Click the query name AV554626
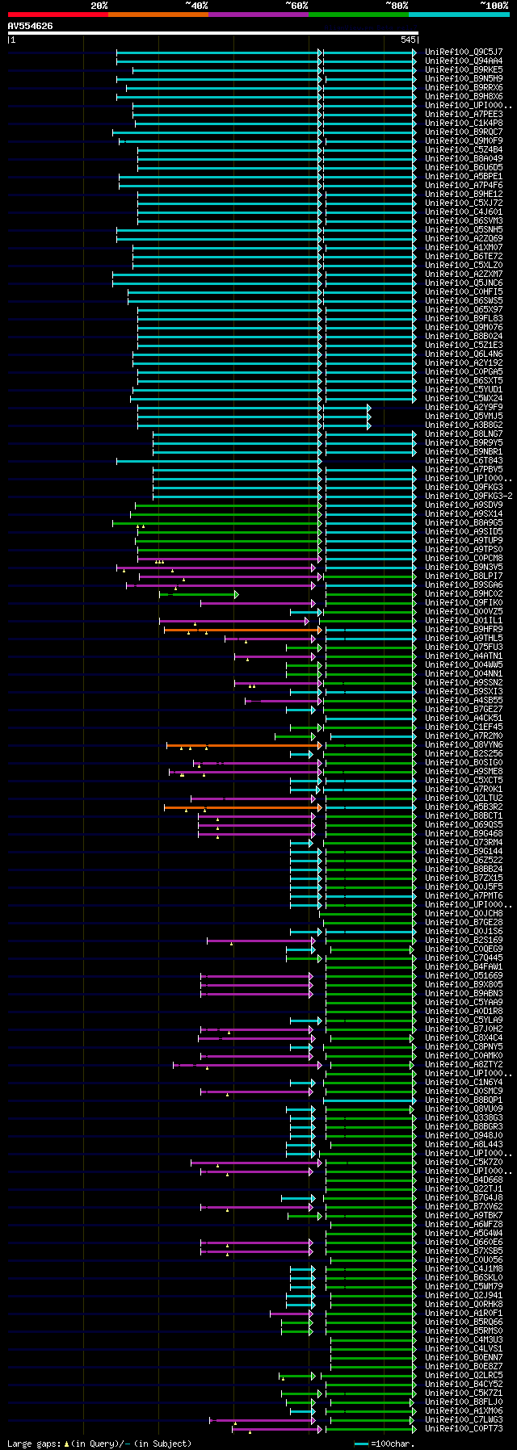pyautogui.click(x=31, y=26)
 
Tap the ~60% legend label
pyautogui.click(x=296, y=6)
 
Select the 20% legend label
pyautogui.click(x=99, y=6)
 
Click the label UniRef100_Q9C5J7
pyautogui.click(x=463, y=52)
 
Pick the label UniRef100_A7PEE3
pyautogui.click(x=463, y=115)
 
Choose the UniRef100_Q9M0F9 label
pyautogui.click(x=463, y=141)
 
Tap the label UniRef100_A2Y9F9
pyautogui.click(x=463, y=408)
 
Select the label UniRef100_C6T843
pyautogui.click(x=463, y=461)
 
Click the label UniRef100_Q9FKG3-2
pyautogui.click(x=468, y=497)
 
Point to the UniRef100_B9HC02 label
pyautogui.click(x=463, y=594)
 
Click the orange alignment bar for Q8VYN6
pyautogui.click(x=242, y=745)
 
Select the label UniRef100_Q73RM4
pyautogui.click(x=463, y=843)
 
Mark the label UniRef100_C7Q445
pyautogui.click(x=463, y=958)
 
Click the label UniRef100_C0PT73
pyautogui.click(x=463, y=1429)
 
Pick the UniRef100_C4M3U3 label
pyautogui.click(x=463, y=1340)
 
